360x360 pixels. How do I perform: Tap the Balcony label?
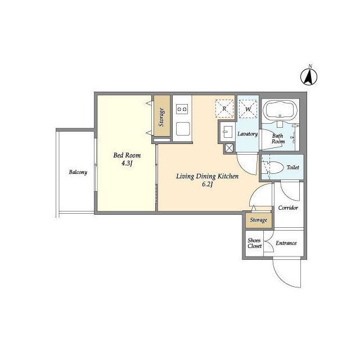click(x=78, y=172)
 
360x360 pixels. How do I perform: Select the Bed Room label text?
click(x=127, y=155)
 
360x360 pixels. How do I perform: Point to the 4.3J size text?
click(x=127, y=163)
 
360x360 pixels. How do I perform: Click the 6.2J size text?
click(x=208, y=184)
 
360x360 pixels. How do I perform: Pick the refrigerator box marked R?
click(x=224, y=109)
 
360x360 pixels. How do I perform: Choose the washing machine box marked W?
click(x=248, y=109)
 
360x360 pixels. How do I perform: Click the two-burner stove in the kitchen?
click(x=182, y=109)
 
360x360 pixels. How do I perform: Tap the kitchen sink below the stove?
click(x=183, y=129)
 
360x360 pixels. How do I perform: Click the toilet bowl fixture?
click(x=273, y=168)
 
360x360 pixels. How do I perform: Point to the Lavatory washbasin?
click(x=226, y=132)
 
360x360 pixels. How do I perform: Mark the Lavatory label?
click(x=247, y=134)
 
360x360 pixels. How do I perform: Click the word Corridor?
click(x=288, y=208)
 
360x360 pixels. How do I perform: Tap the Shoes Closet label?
click(x=255, y=243)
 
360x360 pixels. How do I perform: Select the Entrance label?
click(x=286, y=243)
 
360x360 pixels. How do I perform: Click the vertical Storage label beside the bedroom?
click(x=161, y=118)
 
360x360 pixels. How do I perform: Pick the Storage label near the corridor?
click(x=259, y=220)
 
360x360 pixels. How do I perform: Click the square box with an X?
click(x=229, y=148)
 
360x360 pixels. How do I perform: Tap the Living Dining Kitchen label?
click(x=208, y=176)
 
